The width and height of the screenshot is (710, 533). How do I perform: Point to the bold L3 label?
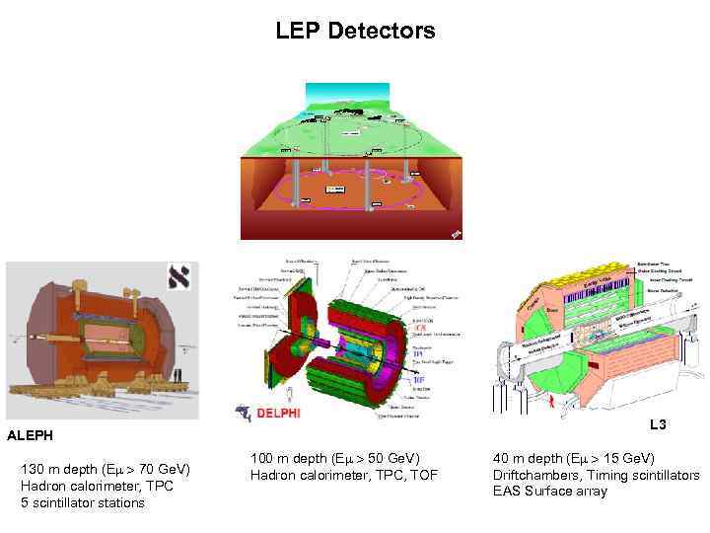[658, 425]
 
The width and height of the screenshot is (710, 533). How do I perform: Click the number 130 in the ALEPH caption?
[32, 468]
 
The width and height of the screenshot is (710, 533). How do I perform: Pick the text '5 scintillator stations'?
[82, 502]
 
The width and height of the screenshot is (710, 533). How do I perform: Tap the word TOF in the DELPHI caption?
[423, 477]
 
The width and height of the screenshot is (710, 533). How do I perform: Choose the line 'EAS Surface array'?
[549, 492]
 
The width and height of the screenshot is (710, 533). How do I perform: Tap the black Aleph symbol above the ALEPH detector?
[181, 277]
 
